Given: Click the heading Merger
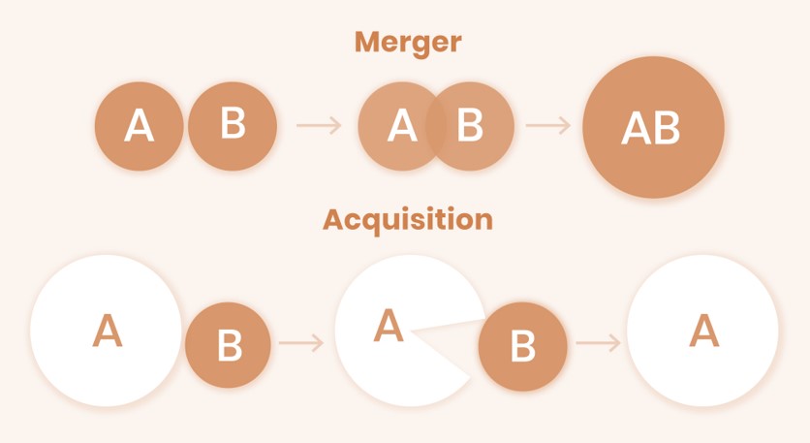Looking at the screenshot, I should point(407,43).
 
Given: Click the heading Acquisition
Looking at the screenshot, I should point(407,219).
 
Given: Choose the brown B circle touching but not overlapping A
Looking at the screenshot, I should point(233,126).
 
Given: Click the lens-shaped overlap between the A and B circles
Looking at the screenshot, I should point(436,126).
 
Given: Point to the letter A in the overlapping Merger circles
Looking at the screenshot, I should point(402,126).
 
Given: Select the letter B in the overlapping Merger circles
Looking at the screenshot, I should point(470,125).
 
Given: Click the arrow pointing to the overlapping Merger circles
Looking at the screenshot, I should point(319,125).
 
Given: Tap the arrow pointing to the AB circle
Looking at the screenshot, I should point(548,125).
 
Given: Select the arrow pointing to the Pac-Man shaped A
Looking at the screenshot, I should point(301,343).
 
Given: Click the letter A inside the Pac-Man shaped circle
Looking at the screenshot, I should point(389,327).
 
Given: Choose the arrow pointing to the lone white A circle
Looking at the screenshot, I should point(597,343).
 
